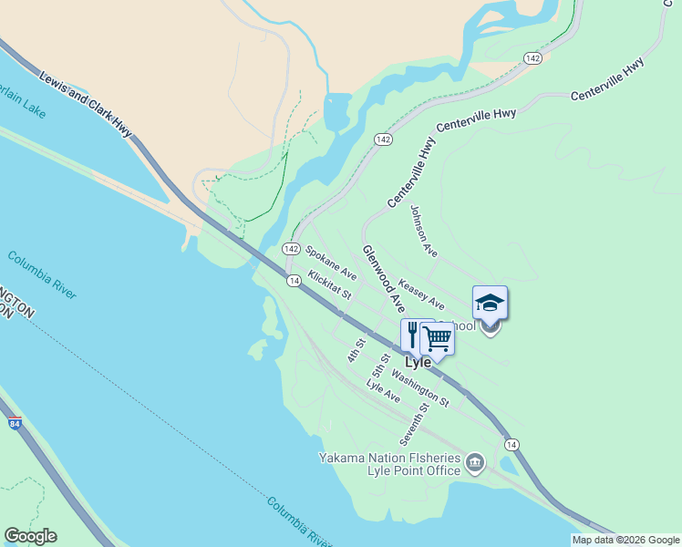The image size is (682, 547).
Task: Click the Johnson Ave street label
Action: (424, 235)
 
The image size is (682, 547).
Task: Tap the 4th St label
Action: (356, 350)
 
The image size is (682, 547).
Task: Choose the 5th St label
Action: (381, 365)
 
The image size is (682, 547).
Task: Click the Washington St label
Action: (420, 387)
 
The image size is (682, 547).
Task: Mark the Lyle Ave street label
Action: (383, 391)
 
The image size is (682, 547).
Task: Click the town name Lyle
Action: (417, 362)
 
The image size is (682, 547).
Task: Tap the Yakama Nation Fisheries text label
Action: (389, 458)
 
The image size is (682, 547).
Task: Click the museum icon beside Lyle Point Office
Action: (475, 464)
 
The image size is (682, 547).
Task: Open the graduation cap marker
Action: (490, 303)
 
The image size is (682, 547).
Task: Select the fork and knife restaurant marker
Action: (412, 335)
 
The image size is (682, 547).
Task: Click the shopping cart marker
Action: (438, 339)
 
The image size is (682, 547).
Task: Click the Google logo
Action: (30, 536)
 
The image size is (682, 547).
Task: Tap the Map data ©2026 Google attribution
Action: (625, 540)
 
